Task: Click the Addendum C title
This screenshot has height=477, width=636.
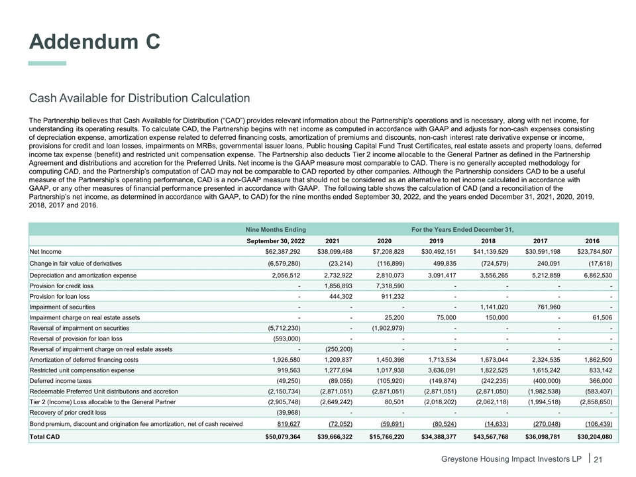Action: point(95,41)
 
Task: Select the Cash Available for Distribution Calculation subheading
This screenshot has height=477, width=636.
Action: point(139,99)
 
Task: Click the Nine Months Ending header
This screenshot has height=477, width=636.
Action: point(273,228)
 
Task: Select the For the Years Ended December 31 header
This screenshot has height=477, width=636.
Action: point(462,228)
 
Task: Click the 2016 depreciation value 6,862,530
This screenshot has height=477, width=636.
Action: point(593,274)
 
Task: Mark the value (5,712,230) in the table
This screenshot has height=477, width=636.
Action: point(284,329)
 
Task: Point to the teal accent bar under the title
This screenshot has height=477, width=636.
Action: point(47,63)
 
